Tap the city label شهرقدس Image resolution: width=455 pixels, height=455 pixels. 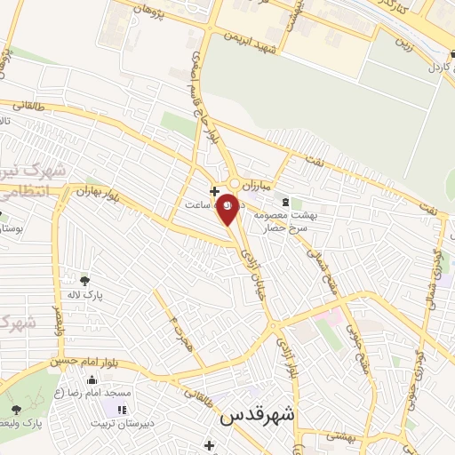(x=259, y=415)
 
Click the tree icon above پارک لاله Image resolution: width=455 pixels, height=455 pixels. (x=84, y=281)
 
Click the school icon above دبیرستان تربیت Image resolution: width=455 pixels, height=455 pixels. (x=122, y=410)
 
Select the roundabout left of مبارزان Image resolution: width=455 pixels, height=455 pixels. (x=234, y=182)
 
